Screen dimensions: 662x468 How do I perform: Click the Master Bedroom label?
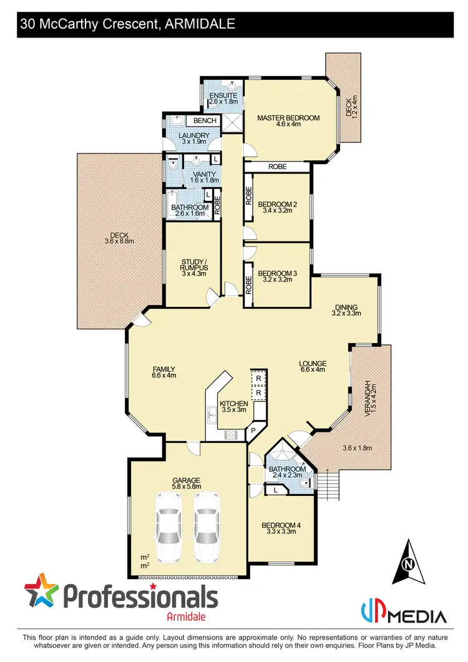click(x=288, y=117)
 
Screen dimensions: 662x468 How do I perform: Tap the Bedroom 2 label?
click(x=278, y=203)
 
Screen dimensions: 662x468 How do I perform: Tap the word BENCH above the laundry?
click(x=205, y=120)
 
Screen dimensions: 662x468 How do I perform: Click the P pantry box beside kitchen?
click(x=254, y=431)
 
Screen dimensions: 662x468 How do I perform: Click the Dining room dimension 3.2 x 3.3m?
click(x=346, y=314)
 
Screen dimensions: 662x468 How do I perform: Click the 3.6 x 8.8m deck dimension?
click(x=118, y=241)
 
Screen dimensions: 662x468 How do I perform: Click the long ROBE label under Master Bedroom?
click(x=277, y=167)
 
